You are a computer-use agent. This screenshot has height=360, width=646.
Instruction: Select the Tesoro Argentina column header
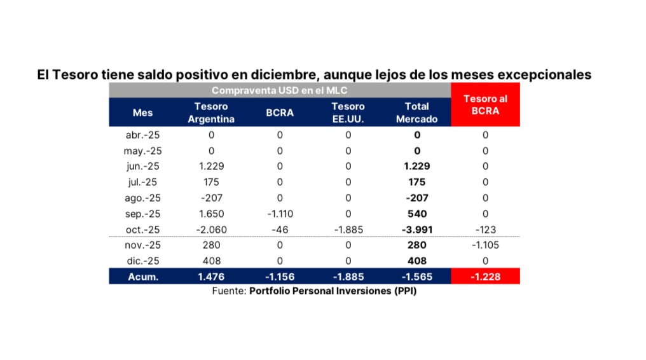(x=211, y=113)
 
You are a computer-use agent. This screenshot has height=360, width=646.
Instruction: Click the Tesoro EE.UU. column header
(x=348, y=113)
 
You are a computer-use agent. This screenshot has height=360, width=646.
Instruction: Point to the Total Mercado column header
(x=416, y=113)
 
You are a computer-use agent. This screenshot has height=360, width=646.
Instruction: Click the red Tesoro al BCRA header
(x=485, y=104)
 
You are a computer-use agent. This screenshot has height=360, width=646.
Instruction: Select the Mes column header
(x=142, y=113)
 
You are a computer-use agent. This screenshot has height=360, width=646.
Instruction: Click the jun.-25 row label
(x=142, y=166)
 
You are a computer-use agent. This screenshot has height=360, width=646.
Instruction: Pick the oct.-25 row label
(x=142, y=229)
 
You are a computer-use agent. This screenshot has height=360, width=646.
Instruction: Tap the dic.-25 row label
(x=142, y=260)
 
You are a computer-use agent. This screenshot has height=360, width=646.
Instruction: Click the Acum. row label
(x=142, y=276)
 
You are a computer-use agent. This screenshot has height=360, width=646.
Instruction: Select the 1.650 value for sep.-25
(x=211, y=213)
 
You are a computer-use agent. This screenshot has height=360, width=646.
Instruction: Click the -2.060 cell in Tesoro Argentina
(x=211, y=229)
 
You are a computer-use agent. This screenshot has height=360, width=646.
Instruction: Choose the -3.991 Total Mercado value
(x=416, y=229)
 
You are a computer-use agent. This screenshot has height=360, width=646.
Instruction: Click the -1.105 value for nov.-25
(x=485, y=245)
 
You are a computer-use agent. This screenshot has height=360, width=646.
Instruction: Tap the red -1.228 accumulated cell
(x=485, y=276)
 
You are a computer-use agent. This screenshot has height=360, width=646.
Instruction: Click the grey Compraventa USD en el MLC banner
(x=279, y=91)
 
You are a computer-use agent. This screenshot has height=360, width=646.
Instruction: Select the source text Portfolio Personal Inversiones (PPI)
(x=333, y=291)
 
